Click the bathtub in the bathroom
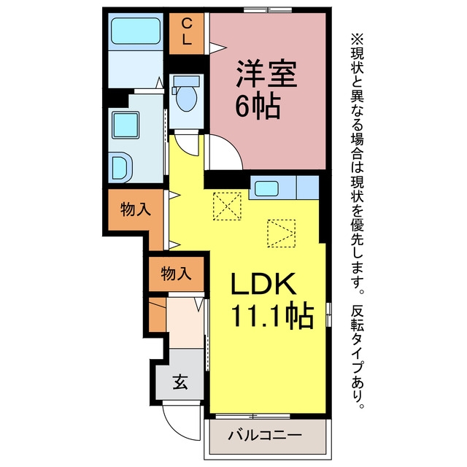pyautogui.click(x=136, y=31)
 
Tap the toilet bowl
pyautogui.click(x=187, y=98)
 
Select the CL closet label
pyautogui.click(x=187, y=31)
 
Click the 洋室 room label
pyautogui.click(x=266, y=74)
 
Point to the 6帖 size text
pyautogui.click(x=258, y=107)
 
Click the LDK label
pyautogui.click(x=263, y=284)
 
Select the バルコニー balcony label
pyautogui.click(x=265, y=435)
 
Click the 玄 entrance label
pyautogui.click(x=180, y=382)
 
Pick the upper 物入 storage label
pyautogui.click(x=136, y=209)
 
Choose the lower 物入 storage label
pyautogui.click(x=176, y=274)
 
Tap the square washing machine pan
pyautogui.click(x=126, y=125)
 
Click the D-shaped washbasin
pyautogui.click(x=122, y=168)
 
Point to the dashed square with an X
pyautogui.click(x=227, y=207)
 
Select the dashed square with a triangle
pyautogui.click(x=282, y=233)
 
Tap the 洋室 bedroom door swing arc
pyautogui.click(x=225, y=153)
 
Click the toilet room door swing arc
pyautogui.click(x=187, y=144)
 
